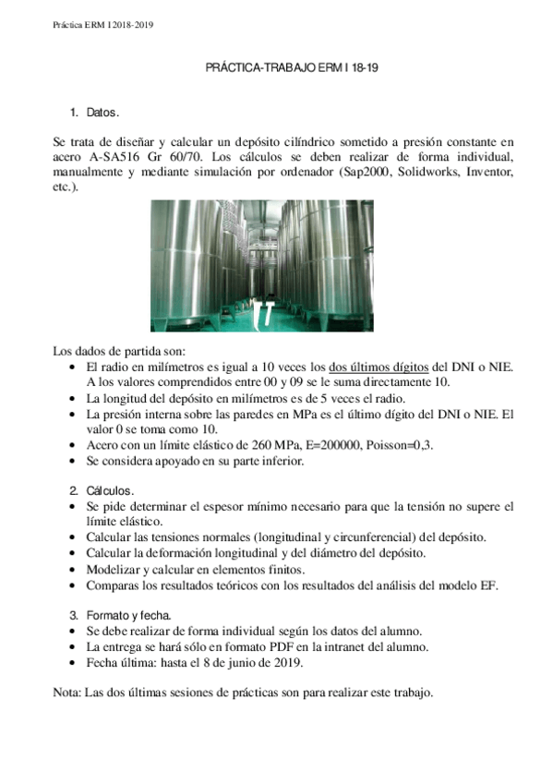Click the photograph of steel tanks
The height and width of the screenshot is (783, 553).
(261, 266)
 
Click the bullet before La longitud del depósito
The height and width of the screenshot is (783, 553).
(74, 398)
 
